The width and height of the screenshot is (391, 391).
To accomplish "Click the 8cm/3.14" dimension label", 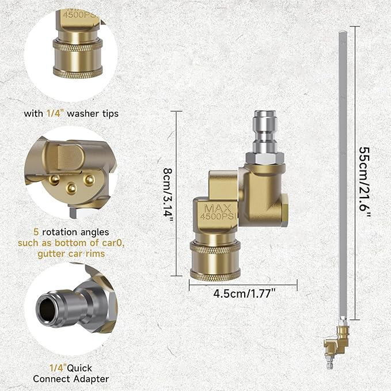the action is point(168,193).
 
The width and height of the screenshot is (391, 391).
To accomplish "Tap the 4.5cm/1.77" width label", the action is point(244,294).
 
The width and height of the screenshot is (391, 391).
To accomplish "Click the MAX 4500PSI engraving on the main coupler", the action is point(218,212).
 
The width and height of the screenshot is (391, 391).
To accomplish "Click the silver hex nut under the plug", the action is point(265,158).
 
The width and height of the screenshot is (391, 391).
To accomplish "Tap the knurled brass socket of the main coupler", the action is point(215,260).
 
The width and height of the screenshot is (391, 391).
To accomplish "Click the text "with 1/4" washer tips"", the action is point(71,113).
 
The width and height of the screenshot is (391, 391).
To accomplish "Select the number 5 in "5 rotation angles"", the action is point(36,232).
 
